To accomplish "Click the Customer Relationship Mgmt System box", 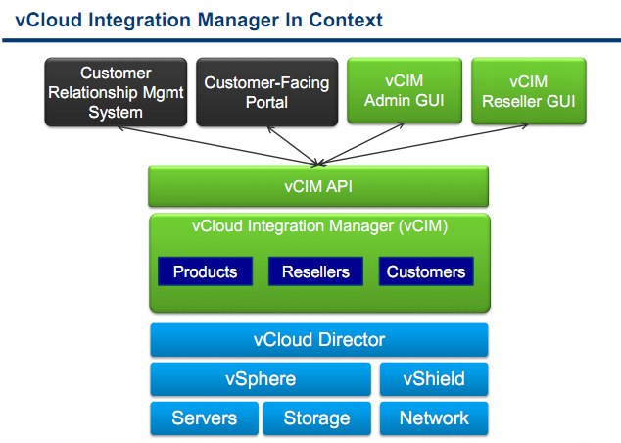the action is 116,92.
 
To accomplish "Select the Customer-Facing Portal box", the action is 267,92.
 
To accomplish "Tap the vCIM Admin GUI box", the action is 405,91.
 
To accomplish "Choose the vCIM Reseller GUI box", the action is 529,91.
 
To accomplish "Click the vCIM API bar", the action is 318,186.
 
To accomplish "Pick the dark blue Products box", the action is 205,271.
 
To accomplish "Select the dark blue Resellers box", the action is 315,271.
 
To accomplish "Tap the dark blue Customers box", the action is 426,271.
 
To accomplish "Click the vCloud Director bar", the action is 319,340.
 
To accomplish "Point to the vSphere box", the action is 261,379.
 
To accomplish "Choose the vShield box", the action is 434,379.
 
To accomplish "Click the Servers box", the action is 205,418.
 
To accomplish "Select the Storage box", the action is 316,418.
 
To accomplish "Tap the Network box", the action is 434,418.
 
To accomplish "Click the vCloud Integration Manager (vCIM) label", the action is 319,226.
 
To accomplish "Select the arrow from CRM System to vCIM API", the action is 217,145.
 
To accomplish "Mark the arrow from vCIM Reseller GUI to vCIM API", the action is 423,144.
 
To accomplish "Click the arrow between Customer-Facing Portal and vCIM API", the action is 293,146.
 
